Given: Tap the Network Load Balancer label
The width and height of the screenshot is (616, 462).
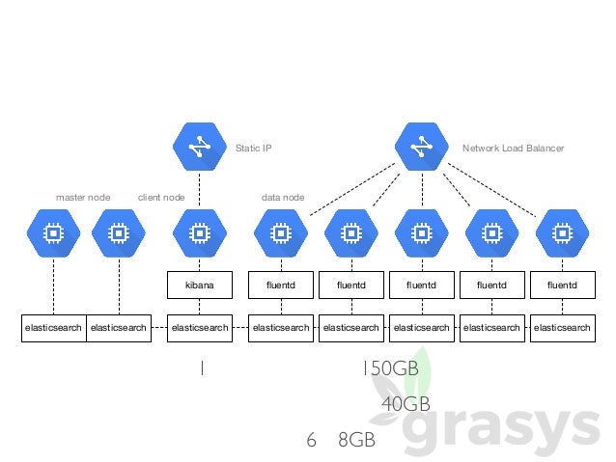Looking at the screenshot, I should [513, 149].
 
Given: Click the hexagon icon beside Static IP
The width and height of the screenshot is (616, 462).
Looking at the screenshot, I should [199, 147].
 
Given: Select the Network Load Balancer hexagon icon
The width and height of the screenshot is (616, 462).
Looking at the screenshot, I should [421, 147].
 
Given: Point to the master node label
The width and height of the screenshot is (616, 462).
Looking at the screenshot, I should [83, 197].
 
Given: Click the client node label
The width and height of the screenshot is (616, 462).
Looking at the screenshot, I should [161, 197].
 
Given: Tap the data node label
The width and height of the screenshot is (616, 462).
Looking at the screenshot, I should [283, 197].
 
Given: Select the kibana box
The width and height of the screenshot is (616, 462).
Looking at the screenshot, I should [199, 285].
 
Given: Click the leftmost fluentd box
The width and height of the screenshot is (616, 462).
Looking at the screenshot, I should [281, 285].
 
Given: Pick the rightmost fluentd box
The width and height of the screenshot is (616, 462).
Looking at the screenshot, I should [562, 285].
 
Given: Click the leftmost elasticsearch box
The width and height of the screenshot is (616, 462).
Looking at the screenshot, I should [53, 328].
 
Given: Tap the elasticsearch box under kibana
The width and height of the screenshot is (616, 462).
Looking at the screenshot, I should [199, 328].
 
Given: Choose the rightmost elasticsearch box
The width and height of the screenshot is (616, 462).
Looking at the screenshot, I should [562, 328].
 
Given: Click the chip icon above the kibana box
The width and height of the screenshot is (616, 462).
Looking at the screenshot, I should [199, 233].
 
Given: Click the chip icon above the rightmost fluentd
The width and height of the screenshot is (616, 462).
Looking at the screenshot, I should [562, 233].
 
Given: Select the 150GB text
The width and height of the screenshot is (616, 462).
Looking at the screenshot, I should [391, 369].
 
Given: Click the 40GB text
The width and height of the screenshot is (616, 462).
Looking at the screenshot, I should [406, 403].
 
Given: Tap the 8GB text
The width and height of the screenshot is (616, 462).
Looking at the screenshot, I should [356, 440].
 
